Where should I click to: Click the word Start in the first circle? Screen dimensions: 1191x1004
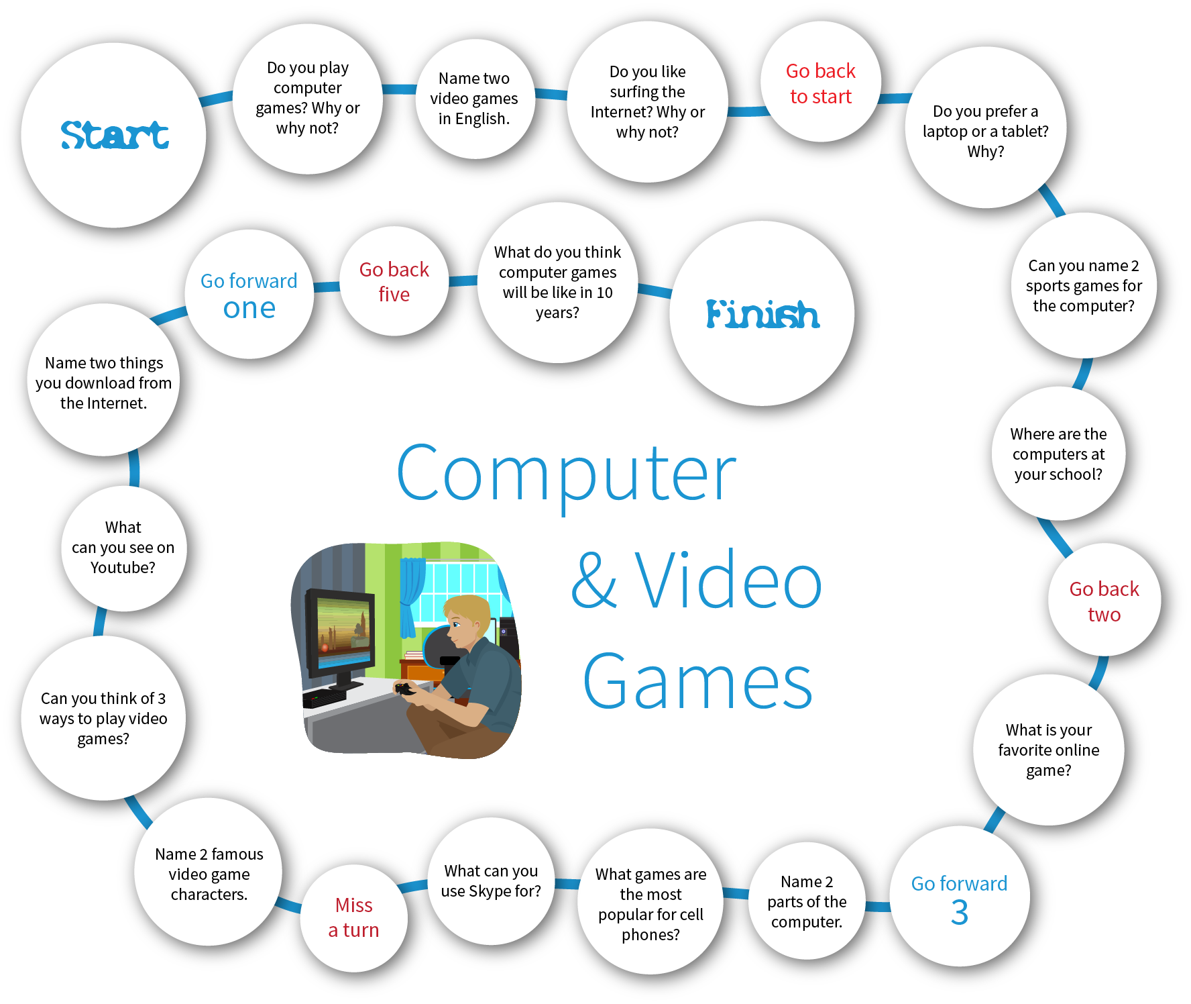115,135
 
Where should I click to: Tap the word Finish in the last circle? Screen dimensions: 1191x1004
762,314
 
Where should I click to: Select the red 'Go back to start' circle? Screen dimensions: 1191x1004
821,82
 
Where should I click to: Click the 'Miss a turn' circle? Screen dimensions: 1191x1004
354,917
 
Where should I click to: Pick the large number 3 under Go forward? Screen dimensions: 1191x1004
960,913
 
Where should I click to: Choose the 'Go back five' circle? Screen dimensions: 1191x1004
394,281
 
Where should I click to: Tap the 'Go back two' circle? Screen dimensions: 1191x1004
1104,600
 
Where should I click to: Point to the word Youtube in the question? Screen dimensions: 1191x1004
123,568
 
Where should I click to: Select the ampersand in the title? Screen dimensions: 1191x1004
593,580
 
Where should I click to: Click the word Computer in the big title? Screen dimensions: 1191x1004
567,474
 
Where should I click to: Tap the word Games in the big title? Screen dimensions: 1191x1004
697,682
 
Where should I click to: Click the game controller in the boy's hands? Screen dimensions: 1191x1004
405,689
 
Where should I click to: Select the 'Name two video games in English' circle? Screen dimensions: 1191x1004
474,99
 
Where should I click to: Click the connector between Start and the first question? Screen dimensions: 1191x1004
216,99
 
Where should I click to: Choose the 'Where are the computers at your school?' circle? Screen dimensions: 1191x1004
1058,454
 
